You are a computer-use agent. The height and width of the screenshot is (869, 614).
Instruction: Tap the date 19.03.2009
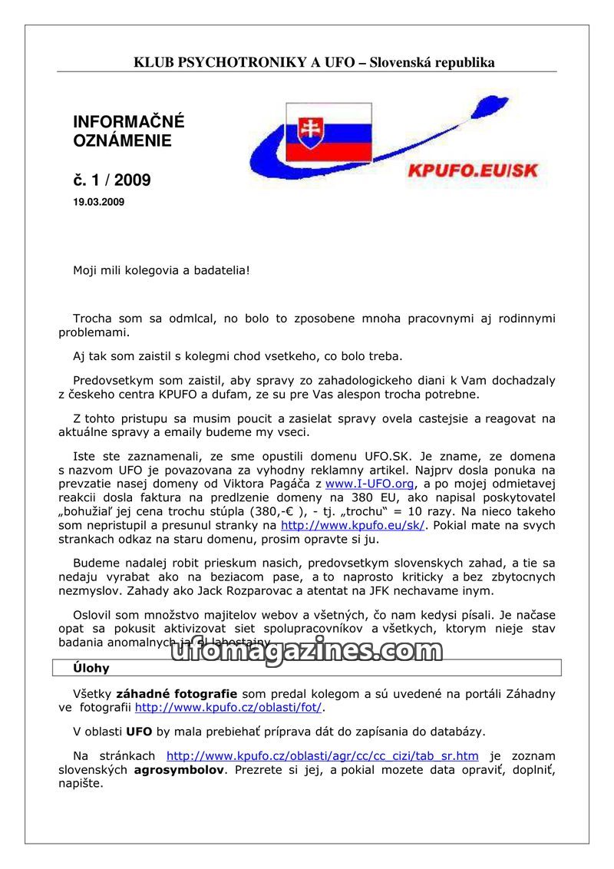[98, 203]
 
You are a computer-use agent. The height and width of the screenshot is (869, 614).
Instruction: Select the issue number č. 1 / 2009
[112, 180]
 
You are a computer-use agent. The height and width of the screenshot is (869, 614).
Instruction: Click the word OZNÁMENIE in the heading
[122, 141]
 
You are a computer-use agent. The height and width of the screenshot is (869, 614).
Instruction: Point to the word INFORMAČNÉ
[129, 122]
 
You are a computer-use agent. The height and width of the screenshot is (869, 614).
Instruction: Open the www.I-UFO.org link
[370, 484]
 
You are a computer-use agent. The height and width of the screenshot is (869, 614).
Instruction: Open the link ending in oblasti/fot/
[228, 708]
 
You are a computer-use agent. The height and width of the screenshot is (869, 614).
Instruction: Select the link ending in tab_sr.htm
[322, 756]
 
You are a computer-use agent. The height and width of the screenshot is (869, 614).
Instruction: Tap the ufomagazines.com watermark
[306, 651]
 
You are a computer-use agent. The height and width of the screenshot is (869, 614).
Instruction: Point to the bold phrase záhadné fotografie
[176, 694]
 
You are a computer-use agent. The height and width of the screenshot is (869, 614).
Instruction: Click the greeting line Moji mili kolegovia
[161, 270]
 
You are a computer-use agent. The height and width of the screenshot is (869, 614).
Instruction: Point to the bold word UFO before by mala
[139, 732]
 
